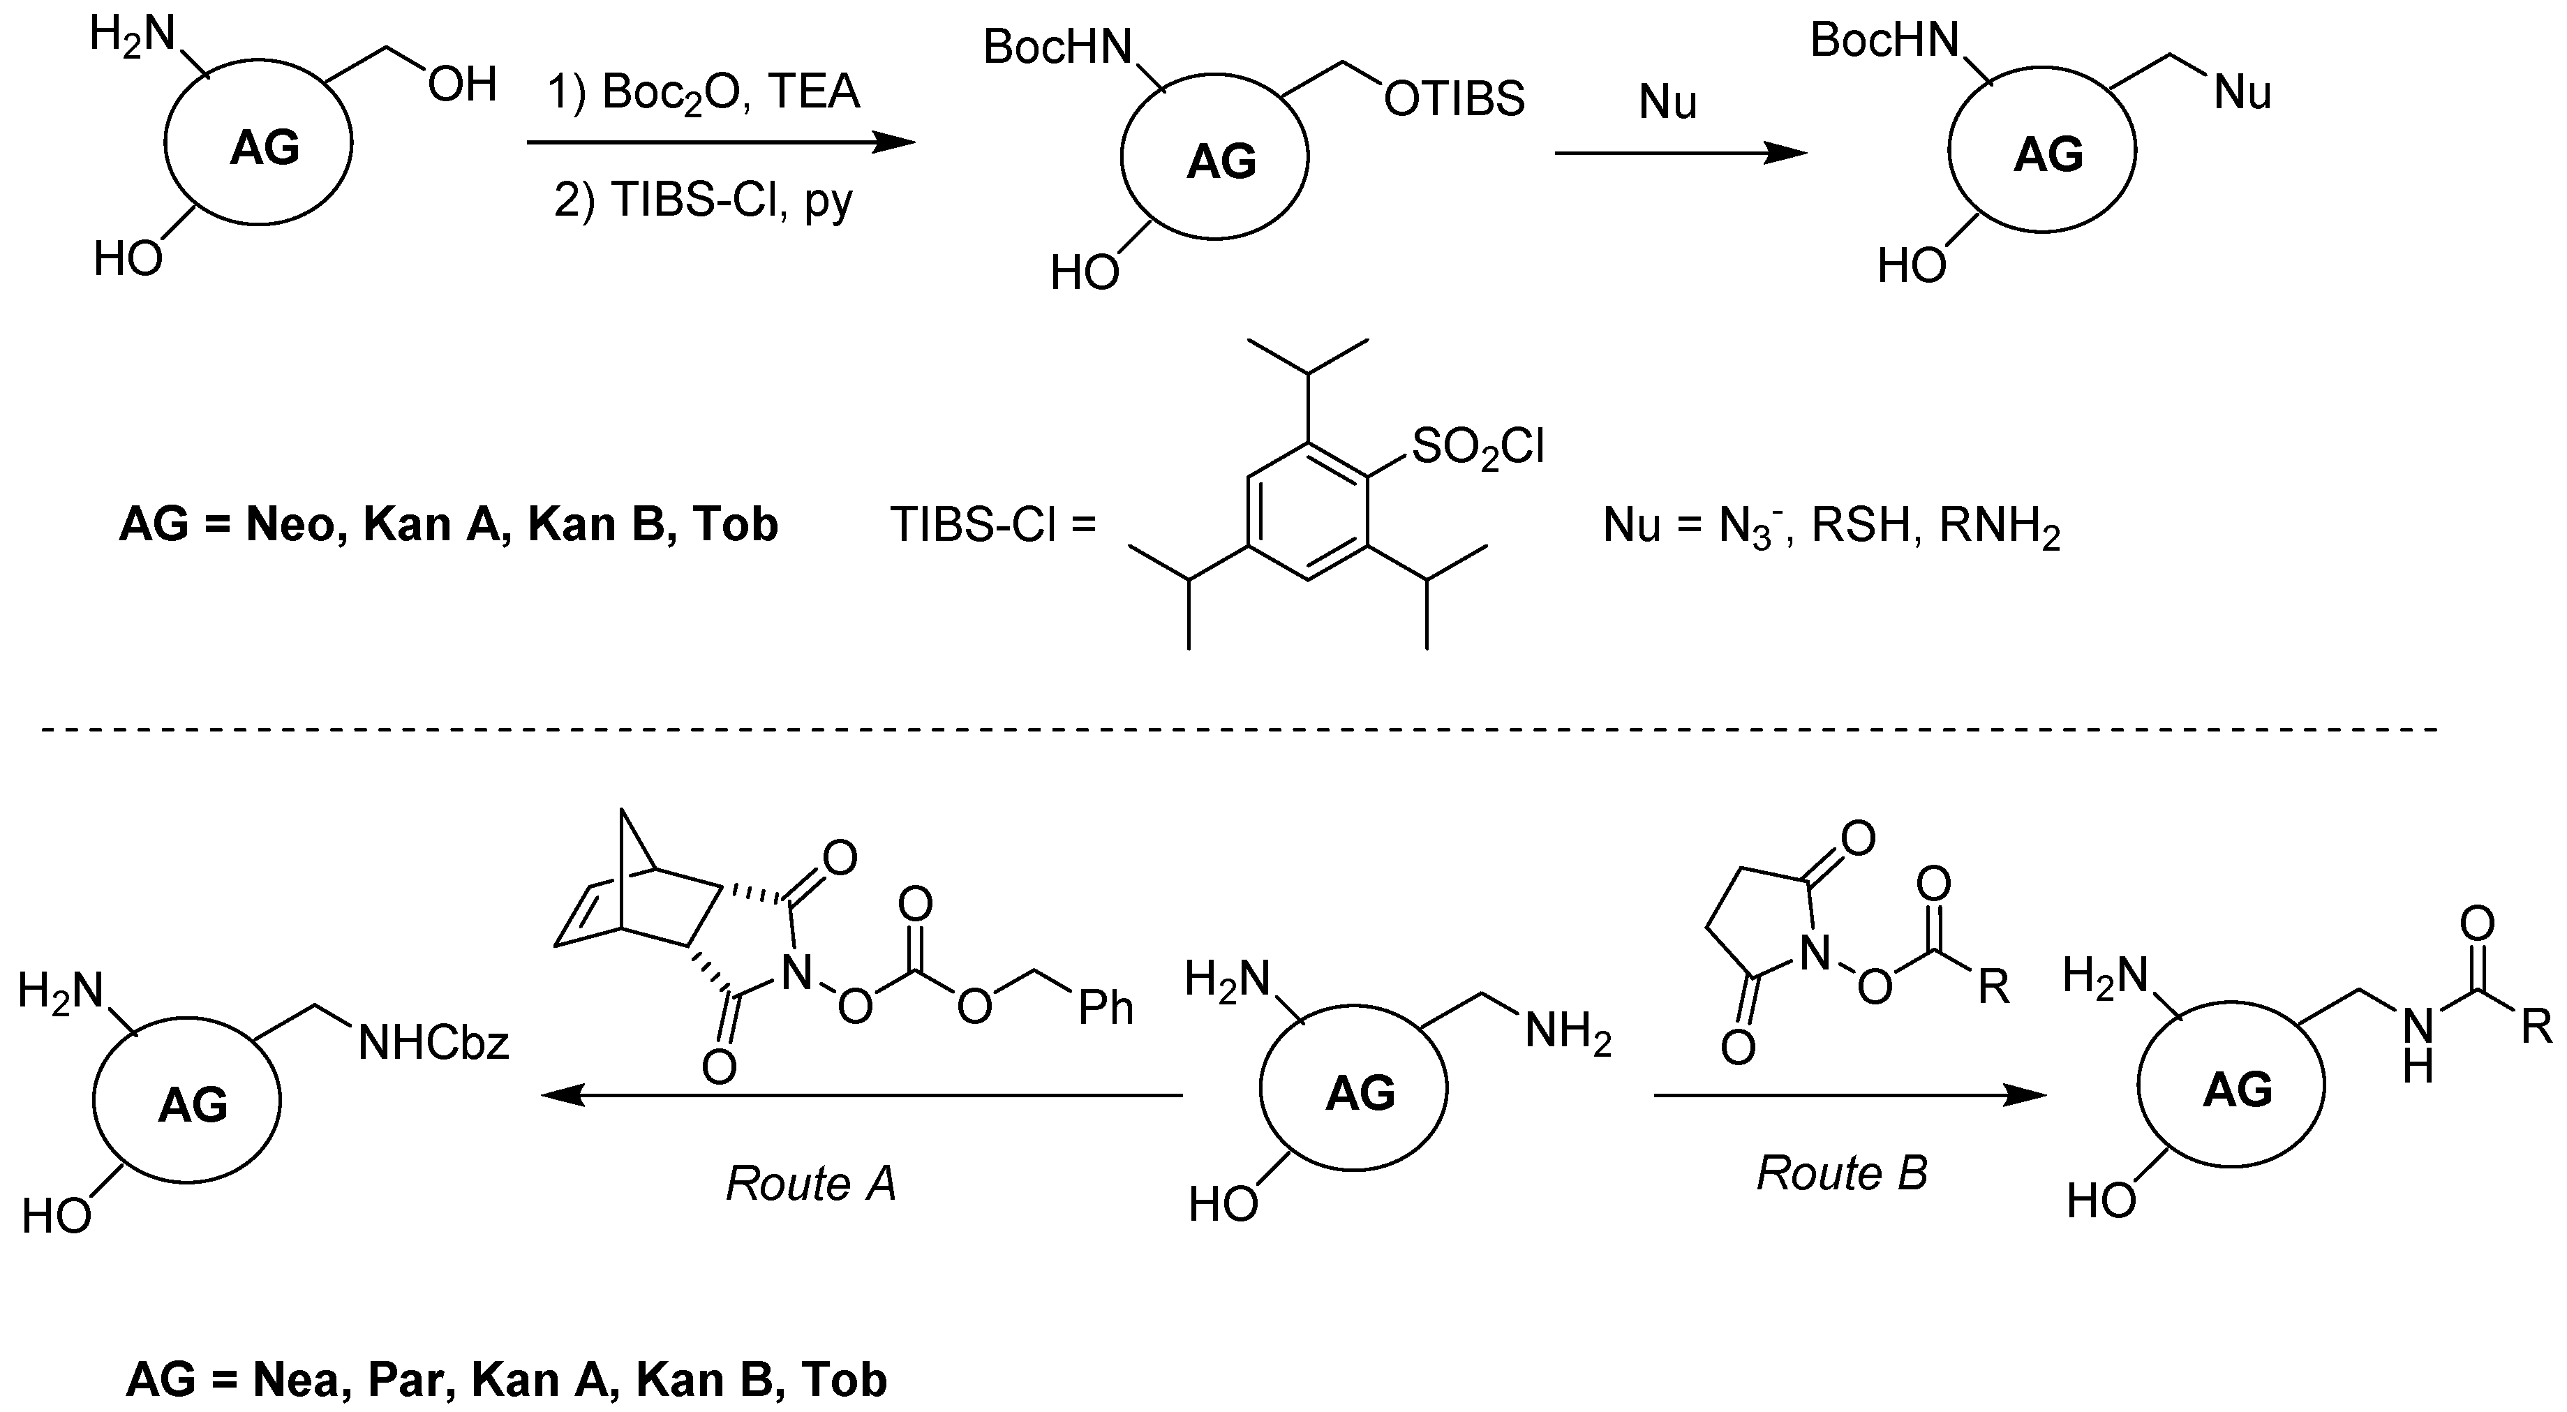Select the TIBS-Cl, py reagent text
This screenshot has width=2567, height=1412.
coord(704,200)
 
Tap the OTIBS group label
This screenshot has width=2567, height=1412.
coord(1454,100)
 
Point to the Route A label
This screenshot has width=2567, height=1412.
coord(810,1184)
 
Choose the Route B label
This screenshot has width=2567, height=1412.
coord(1842,1173)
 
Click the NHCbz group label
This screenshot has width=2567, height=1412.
coord(433,1043)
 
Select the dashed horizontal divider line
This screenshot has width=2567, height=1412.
coord(1235,730)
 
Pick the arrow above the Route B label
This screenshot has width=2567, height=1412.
coord(1850,1096)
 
